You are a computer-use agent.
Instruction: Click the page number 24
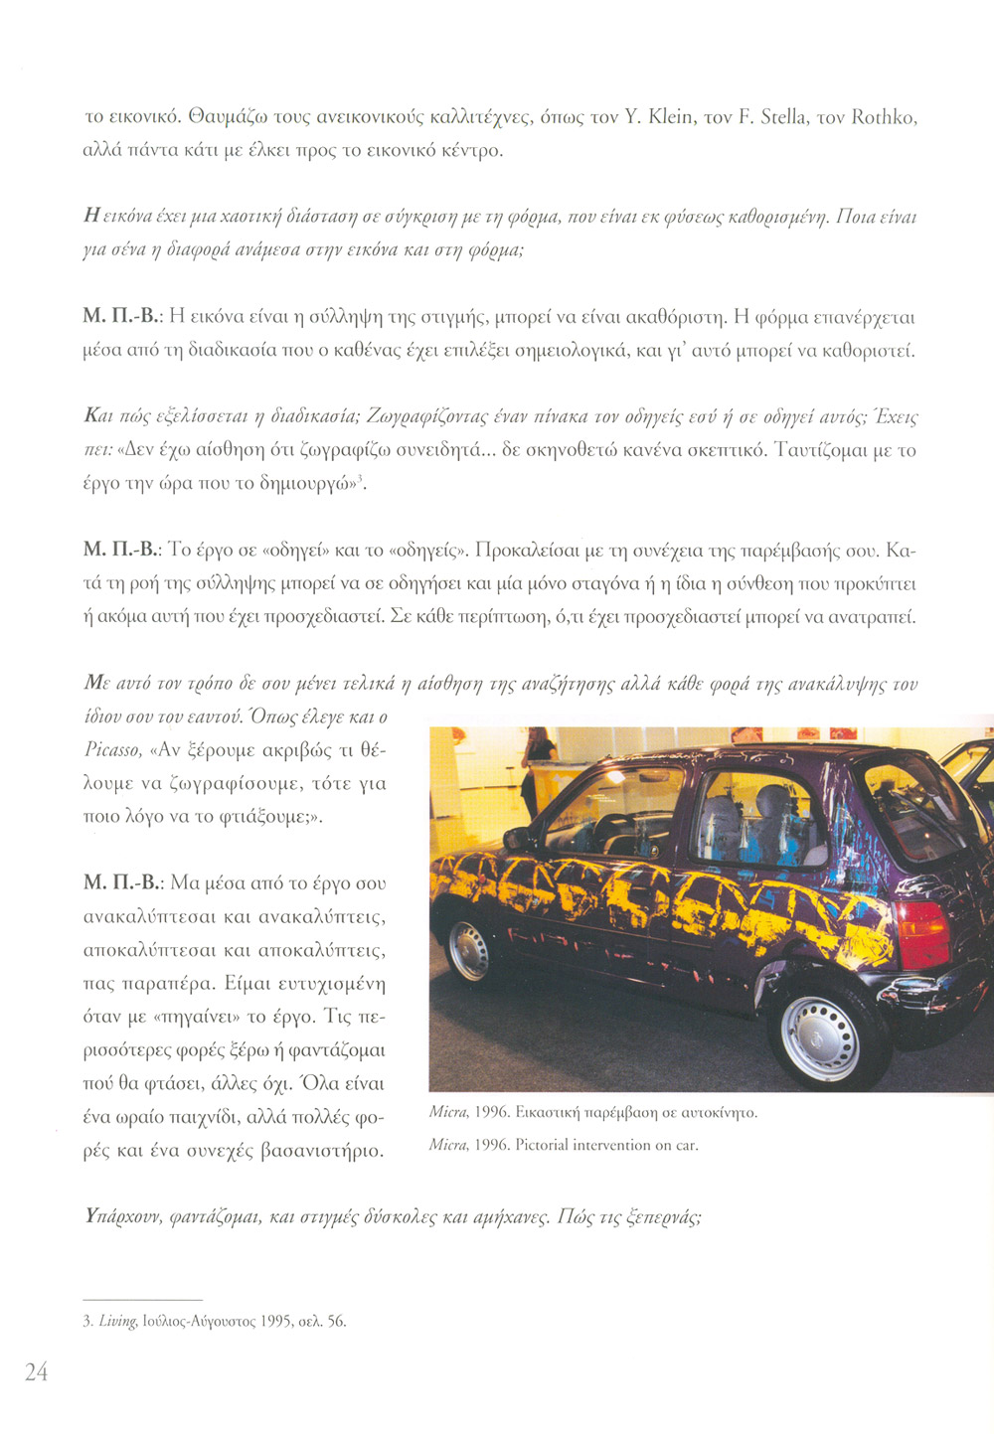pos(37,1372)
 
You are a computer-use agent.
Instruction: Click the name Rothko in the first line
pos(884,117)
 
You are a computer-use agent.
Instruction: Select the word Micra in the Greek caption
pos(448,1112)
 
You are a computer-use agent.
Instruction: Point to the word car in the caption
pos(687,1145)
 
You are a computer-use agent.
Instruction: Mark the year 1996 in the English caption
pos(491,1145)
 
